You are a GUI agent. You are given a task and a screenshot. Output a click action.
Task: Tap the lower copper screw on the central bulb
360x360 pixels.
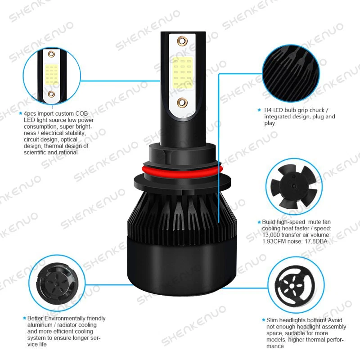[182, 102]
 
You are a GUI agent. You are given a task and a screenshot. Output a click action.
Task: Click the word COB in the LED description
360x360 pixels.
[81, 114]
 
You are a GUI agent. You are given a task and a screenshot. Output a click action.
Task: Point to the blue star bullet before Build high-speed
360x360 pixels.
[259, 222]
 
